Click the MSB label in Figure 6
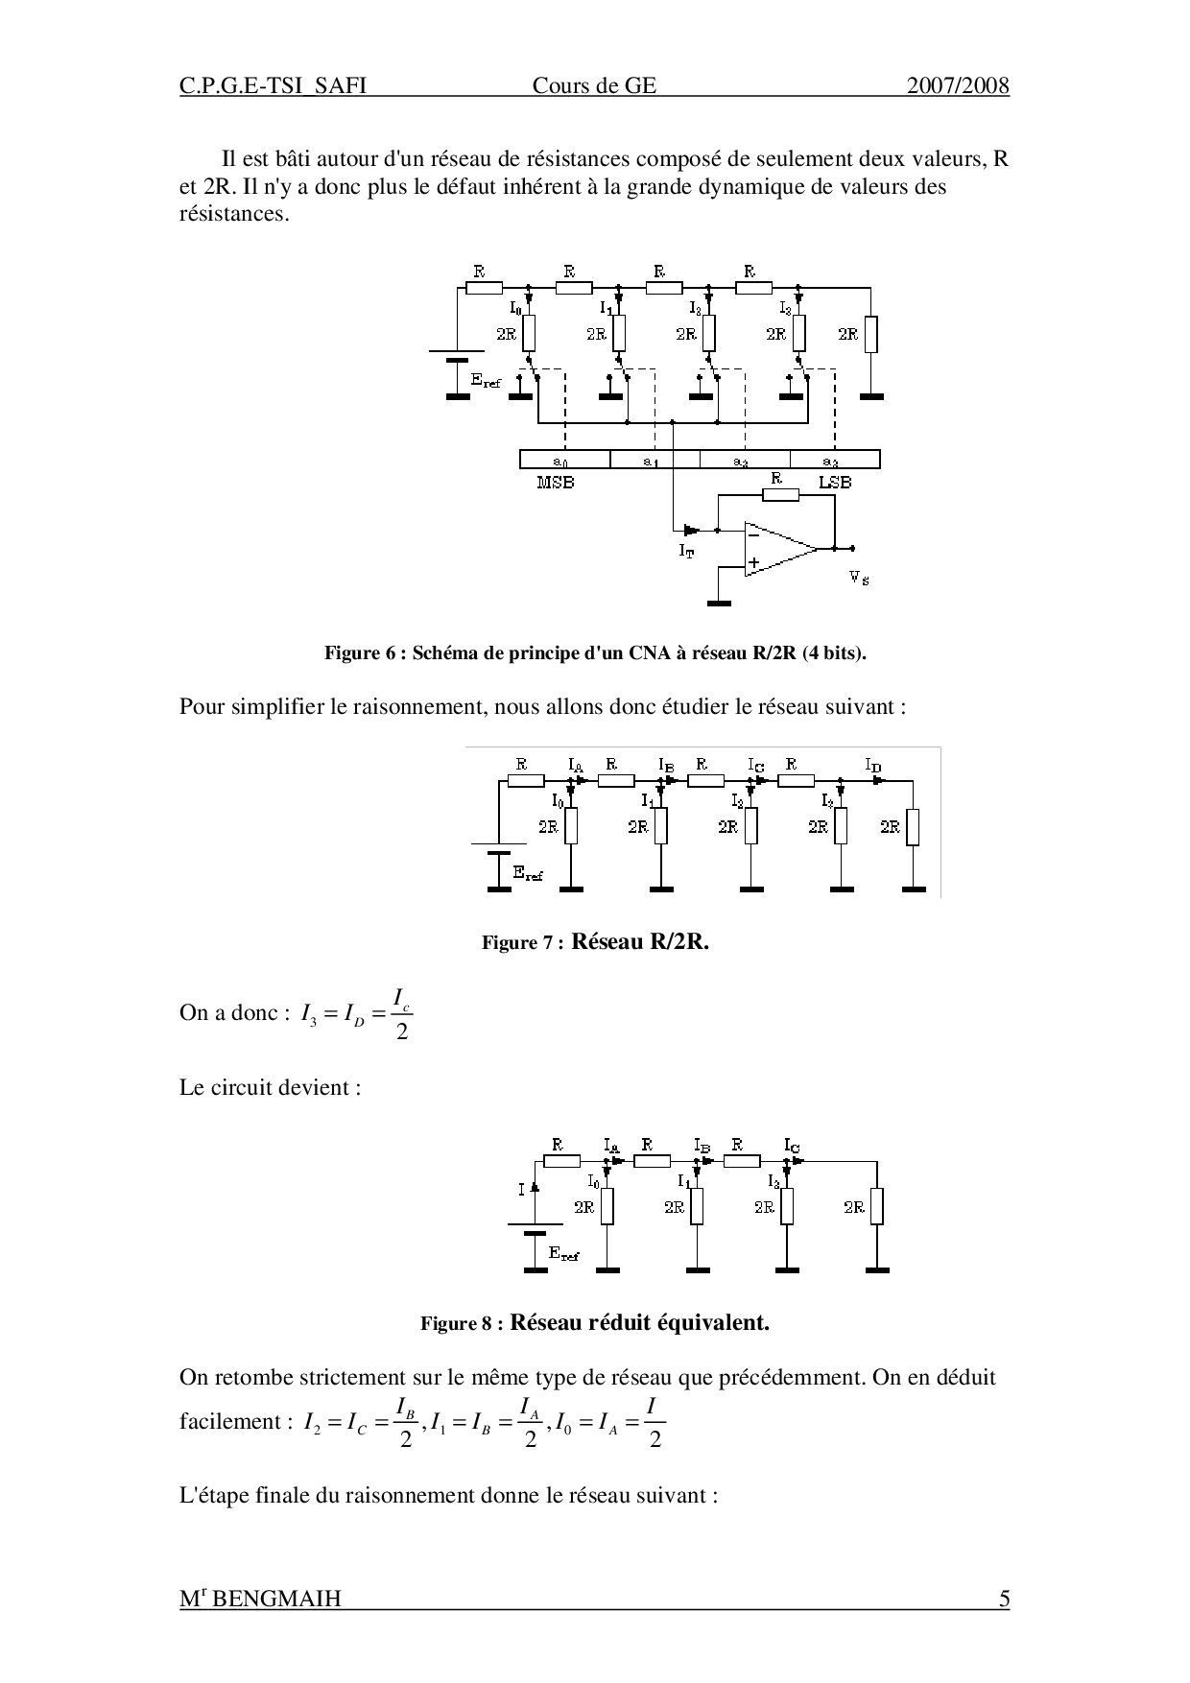(556, 483)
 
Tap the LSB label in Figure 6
(835, 482)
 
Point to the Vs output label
(859, 578)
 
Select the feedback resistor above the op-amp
(781, 495)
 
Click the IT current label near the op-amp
(686, 552)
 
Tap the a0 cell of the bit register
(563, 461)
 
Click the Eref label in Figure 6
(486, 381)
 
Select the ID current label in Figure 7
(873, 765)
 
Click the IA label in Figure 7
(576, 765)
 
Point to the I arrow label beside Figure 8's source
(523, 1189)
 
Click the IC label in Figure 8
(792, 1146)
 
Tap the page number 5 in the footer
(1004, 1599)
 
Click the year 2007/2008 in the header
(958, 86)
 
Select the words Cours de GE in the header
(594, 86)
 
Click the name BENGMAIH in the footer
(276, 1600)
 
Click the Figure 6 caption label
(368, 653)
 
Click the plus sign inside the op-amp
(755, 563)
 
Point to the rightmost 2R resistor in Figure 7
(912, 827)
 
